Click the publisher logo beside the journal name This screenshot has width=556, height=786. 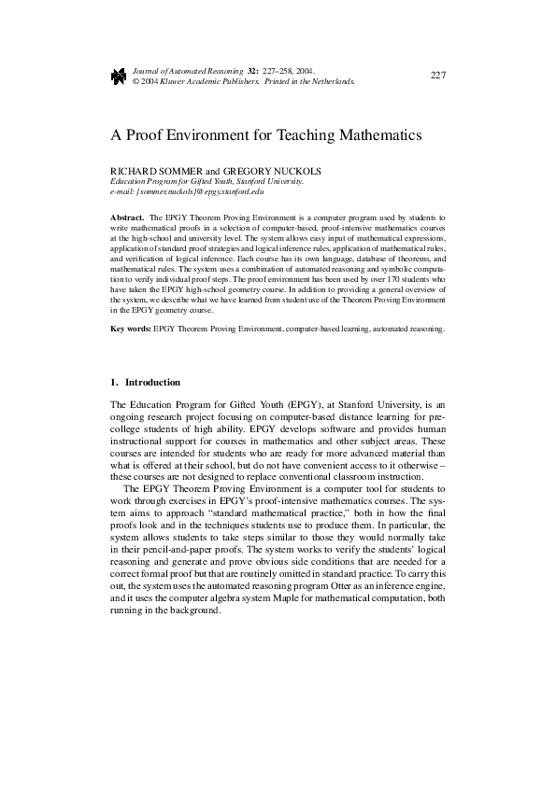click(x=118, y=76)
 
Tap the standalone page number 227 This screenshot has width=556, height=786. click(x=437, y=75)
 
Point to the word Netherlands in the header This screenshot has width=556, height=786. click(x=332, y=81)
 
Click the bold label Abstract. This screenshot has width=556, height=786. click(x=127, y=216)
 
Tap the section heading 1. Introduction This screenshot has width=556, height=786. click(x=146, y=383)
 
